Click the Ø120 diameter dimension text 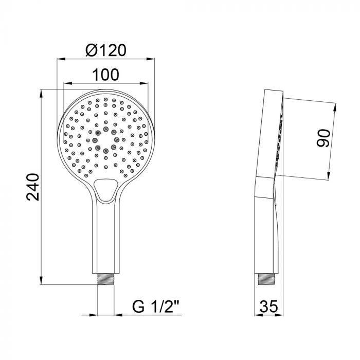point(106,50)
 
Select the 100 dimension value point(105,75)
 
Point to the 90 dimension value point(323,139)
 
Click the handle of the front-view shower point(105,237)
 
